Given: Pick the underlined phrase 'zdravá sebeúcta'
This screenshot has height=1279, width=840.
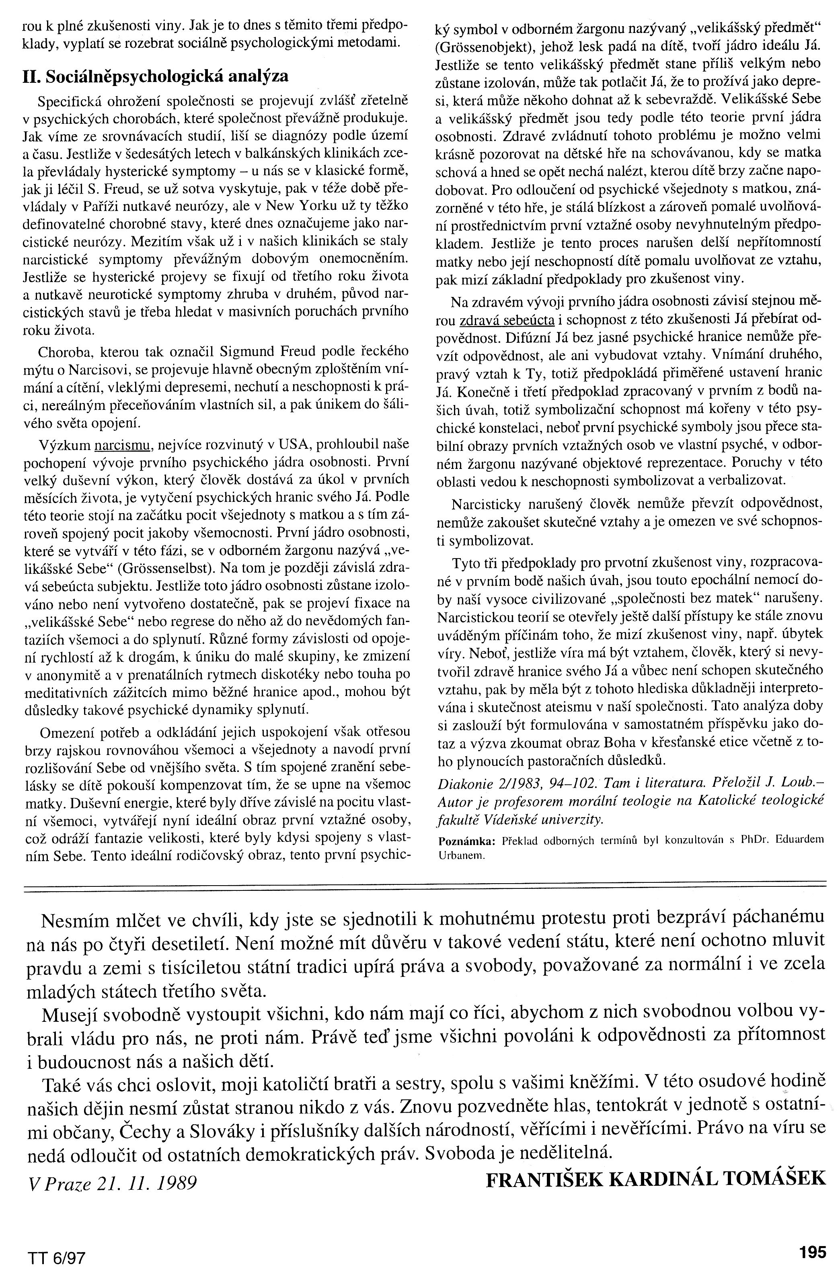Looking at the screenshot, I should click(507, 320).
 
